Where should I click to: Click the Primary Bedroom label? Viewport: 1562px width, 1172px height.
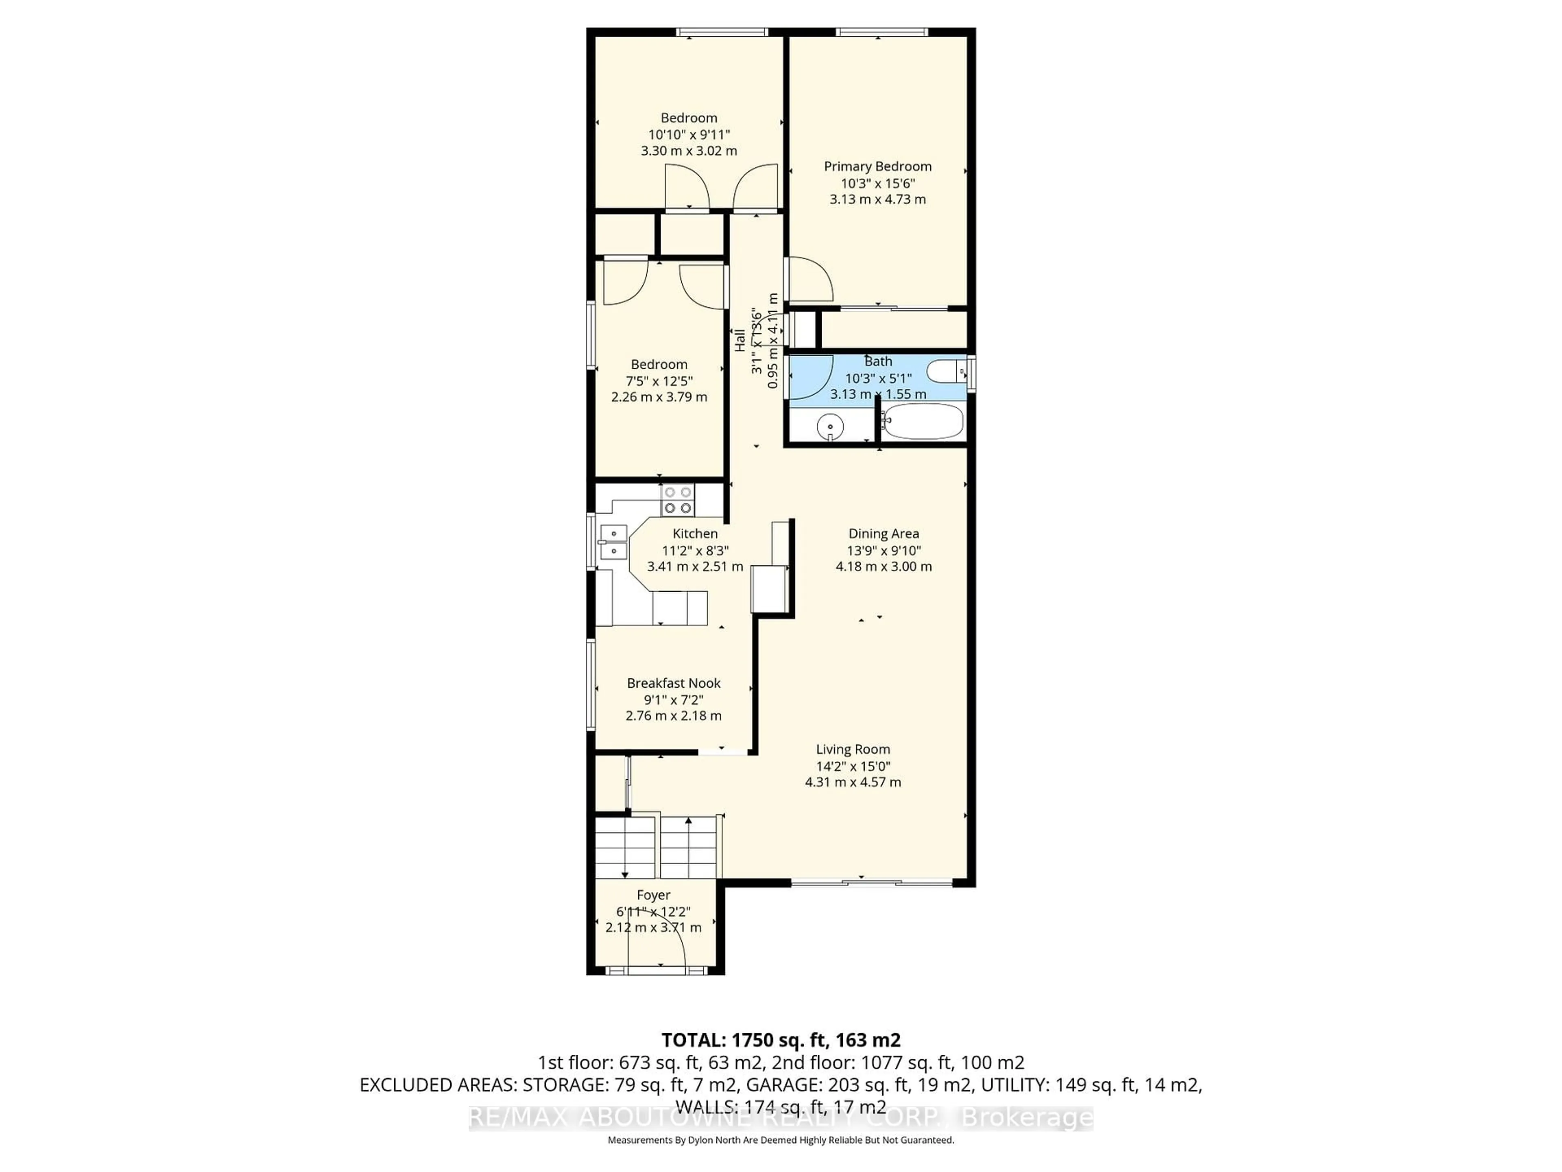click(x=878, y=167)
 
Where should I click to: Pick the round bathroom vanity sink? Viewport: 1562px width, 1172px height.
click(x=831, y=427)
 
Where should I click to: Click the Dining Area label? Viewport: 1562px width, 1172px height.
click(x=884, y=534)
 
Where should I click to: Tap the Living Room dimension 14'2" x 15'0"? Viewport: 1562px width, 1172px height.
click(x=853, y=767)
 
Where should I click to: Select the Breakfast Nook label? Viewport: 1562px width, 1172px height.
click(x=674, y=683)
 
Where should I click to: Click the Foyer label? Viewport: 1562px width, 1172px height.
click(x=653, y=895)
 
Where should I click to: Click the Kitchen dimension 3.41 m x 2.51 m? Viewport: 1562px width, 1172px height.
click(x=695, y=566)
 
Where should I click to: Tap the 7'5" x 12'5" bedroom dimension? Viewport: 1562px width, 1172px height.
click(x=659, y=381)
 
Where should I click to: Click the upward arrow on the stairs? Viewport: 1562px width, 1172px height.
click(x=689, y=822)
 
